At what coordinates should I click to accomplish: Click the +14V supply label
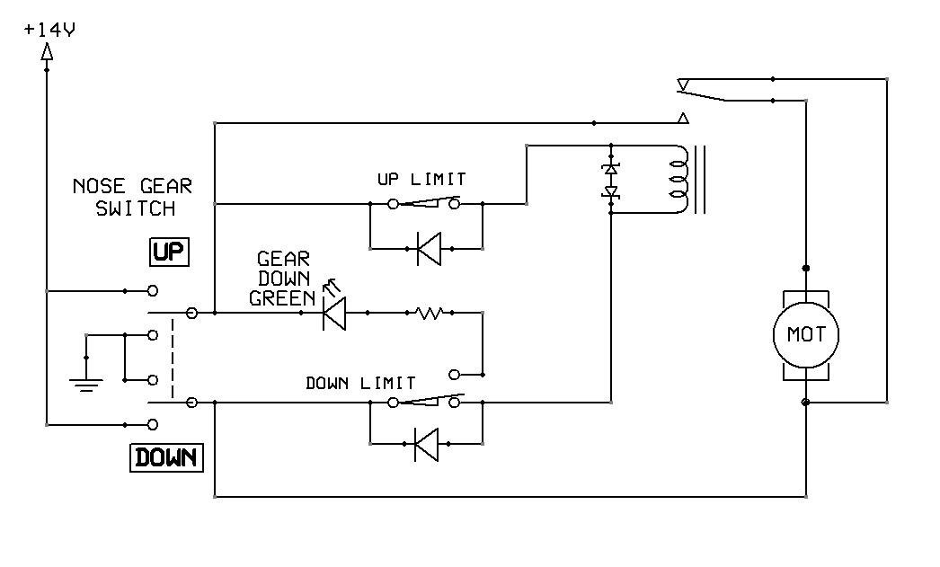[x=50, y=30]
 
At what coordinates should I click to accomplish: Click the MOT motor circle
[x=805, y=335]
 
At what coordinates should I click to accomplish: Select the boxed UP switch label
[x=167, y=252]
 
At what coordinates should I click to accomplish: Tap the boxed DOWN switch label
[x=167, y=457]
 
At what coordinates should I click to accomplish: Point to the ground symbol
[x=86, y=384]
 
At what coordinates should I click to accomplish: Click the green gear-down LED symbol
[x=334, y=313]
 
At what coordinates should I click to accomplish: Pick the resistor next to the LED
[x=429, y=313]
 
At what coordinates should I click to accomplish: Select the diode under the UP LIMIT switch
[x=428, y=248]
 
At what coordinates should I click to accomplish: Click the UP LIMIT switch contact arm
[x=427, y=203]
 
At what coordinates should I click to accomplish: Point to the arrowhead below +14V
[x=47, y=53]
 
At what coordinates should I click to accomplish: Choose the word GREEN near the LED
[x=280, y=299]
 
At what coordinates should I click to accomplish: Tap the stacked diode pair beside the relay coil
[x=611, y=180]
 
